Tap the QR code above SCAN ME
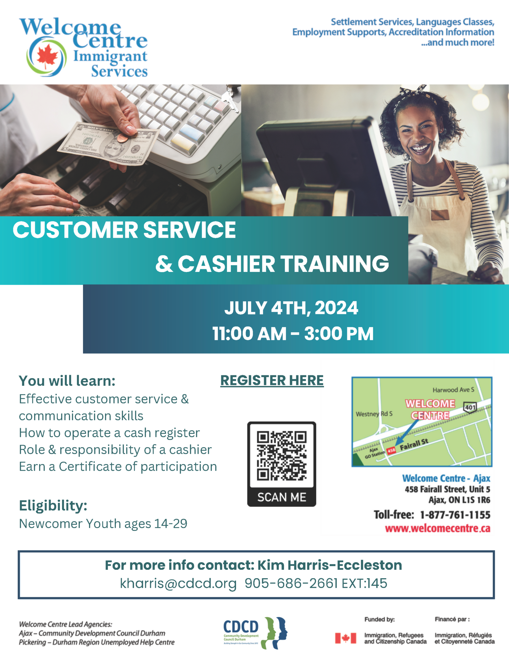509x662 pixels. [281, 456]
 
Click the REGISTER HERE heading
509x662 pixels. [272, 380]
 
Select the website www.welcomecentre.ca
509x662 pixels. [437, 529]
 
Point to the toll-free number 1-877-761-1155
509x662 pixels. [455, 515]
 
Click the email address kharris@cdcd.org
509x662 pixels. [178, 583]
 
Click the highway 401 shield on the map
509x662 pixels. [470, 407]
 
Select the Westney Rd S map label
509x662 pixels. [374, 414]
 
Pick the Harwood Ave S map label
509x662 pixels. [453, 390]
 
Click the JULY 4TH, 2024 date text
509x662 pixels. [291, 308]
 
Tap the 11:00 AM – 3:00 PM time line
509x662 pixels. [293, 334]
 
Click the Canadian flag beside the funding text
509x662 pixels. [345, 638]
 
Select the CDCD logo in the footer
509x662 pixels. [255, 633]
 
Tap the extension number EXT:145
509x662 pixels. [364, 583]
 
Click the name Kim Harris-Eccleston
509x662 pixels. [330, 565]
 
